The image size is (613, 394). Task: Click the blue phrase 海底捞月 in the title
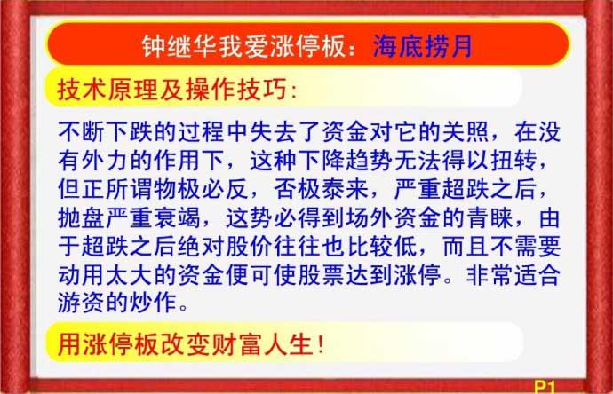click(423, 46)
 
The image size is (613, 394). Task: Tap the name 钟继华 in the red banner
click(179, 46)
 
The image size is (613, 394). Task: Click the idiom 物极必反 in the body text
click(202, 189)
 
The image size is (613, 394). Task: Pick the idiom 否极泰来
click(322, 189)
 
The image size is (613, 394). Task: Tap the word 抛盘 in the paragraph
click(82, 217)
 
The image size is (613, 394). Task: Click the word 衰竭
click(177, 217)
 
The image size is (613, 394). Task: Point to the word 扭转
click(514, 161)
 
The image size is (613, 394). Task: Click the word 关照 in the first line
click(466, 132)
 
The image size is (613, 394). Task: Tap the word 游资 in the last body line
click(82, 303)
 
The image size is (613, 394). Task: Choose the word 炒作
click(153, 303)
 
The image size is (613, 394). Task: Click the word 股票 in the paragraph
click(322, 274)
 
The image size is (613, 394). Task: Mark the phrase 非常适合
click(513, 274)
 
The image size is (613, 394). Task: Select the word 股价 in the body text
click(250, 246)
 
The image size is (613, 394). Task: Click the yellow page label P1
click(545, 387)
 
